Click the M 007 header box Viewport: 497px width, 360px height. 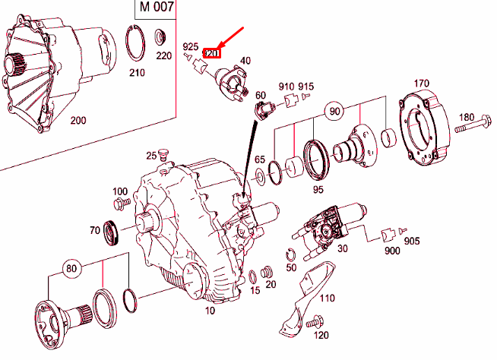(157, 9)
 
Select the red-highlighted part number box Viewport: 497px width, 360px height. (212, 53)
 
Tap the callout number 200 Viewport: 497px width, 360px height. (78, 120)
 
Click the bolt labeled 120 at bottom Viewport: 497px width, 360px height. (312, 324)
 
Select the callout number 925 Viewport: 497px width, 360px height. (190, 48)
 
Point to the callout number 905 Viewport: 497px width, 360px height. (411, 242)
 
